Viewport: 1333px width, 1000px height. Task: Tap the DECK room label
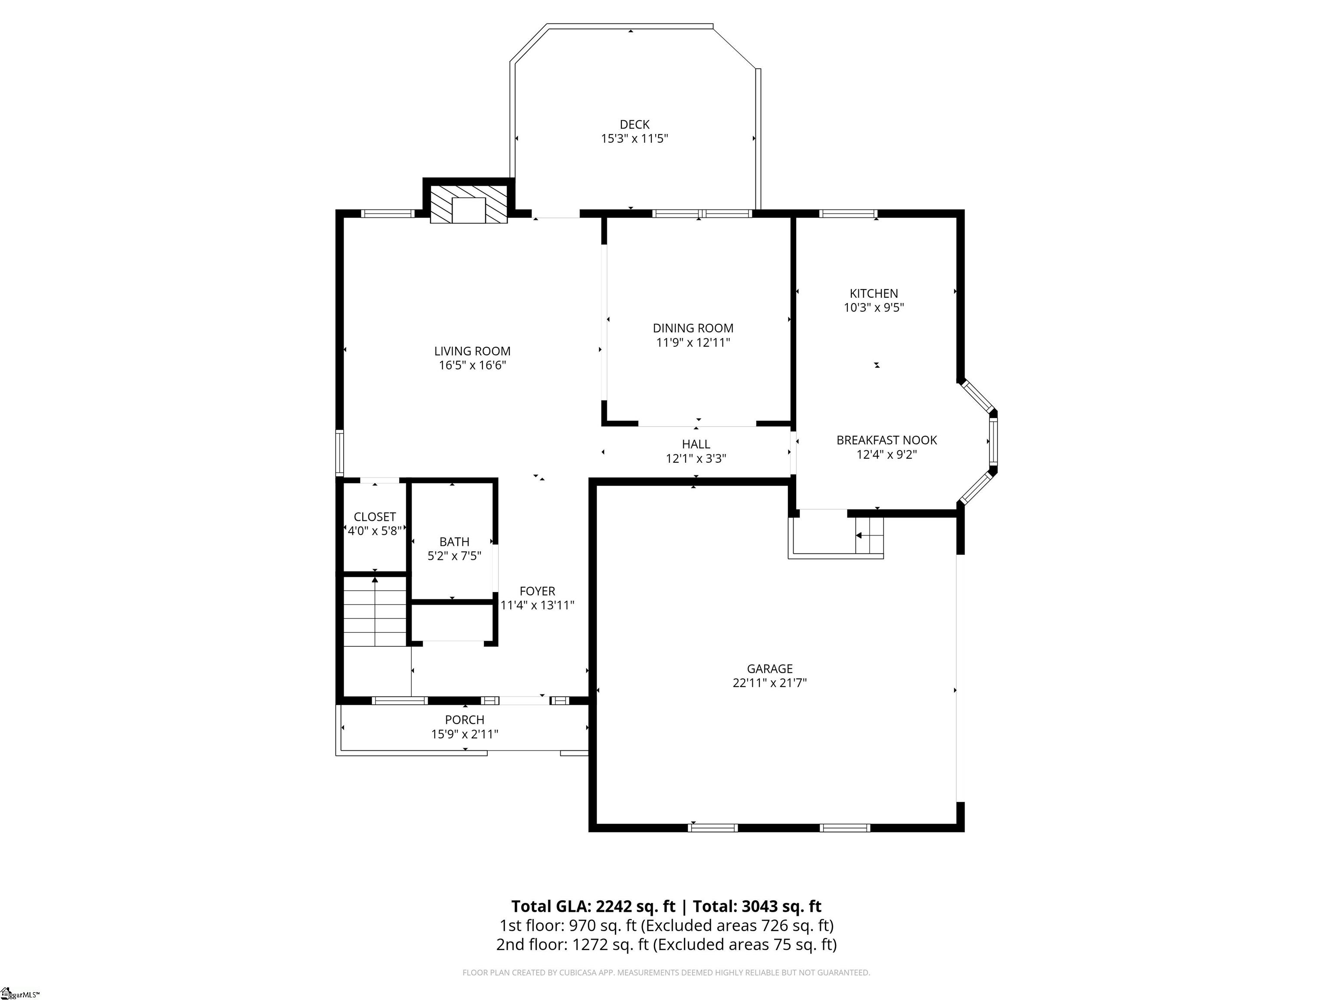pyautogui.click(x=634, y=124)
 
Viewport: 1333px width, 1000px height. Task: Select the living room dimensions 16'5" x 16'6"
pyautogui.click(x=473, y=365)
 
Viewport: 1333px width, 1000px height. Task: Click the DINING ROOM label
pyautogui.click(x=693, y=328)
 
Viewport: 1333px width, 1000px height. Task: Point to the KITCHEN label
pyautogui.click(x=874, y=293)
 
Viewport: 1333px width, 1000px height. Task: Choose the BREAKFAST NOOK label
pyautogui.click(x=886, y=440)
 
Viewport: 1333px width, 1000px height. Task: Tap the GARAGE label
pyautogui.click(x=769, y=668)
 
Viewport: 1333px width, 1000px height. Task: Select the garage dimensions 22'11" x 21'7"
pyautogui.click(x=769, y=683)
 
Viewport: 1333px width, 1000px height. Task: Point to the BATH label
pyautogui.click(x=454, y=541)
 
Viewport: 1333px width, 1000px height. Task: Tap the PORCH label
pyautogui.click(x=465, y=720)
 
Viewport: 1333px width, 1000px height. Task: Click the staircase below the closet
pyautogui.click(x=375, y=611)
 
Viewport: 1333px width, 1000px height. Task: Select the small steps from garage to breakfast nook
pyautogui.click(x=869, y=535)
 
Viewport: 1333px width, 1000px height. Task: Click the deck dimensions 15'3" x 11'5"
pyautogui.click(x=634, y=138)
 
